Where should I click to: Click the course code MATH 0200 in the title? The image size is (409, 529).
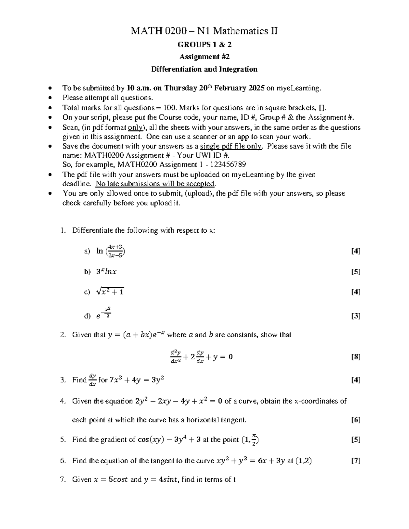click(158, 31)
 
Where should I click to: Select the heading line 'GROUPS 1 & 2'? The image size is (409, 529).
click(204, 45)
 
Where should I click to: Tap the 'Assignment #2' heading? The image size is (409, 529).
click(204, 57)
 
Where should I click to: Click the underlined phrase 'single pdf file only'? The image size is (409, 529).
click(231, 146)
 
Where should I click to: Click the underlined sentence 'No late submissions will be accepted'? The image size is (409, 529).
click(155, 184)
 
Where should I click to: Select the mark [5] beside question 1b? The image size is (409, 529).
click(355, 272)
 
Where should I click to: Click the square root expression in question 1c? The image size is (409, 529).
click(110, 292)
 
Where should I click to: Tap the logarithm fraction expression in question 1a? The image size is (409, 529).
click(111, 251)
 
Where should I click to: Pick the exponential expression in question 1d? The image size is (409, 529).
click(104, 313)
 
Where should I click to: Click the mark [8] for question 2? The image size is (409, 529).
click(355, 357)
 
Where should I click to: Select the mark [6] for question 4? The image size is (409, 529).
click(355, 420)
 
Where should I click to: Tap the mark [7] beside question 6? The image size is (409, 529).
click(355, 461)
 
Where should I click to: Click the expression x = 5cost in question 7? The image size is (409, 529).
click(110, 480)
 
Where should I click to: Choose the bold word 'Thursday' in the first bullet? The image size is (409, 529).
click(180, 88)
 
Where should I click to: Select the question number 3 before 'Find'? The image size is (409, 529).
click(62, 380)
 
